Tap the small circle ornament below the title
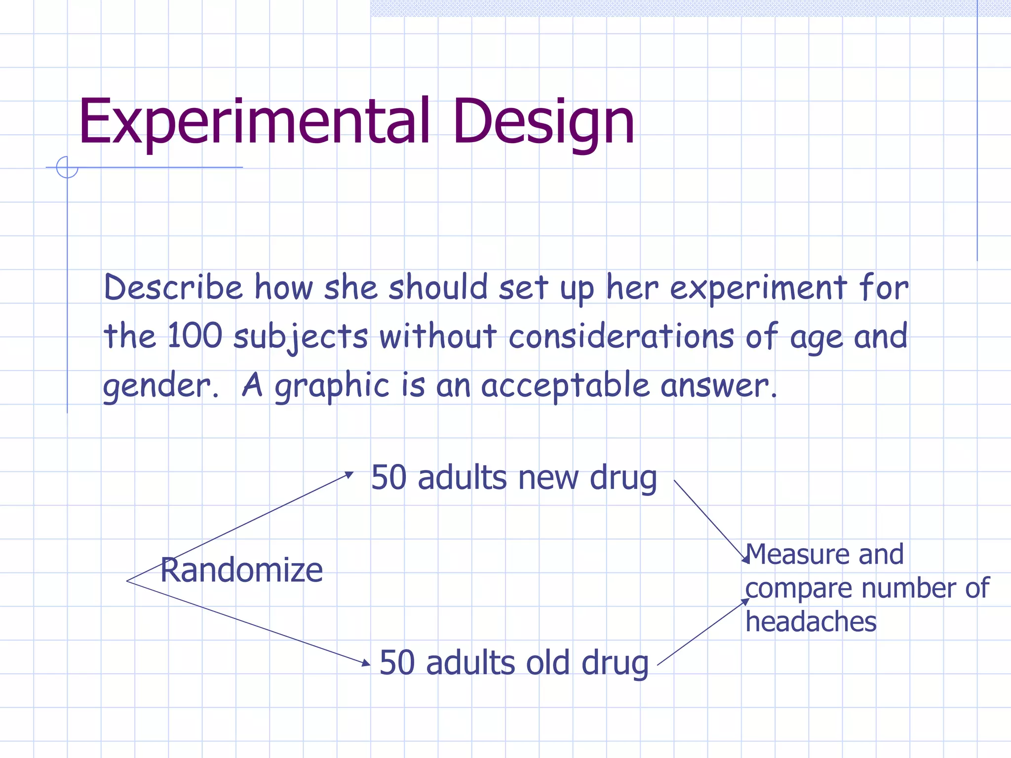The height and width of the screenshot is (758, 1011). coord(67,167)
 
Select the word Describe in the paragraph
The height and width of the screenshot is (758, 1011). coord(173,287)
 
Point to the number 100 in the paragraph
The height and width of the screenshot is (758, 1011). coord(195,336)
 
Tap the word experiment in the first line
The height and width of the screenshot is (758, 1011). coord(758,287)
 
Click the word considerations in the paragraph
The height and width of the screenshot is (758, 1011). coord(621,336)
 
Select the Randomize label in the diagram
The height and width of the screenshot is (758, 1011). coord(241,570)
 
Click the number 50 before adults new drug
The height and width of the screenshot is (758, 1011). coord(389,478)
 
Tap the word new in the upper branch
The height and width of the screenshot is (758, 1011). coord(548,478)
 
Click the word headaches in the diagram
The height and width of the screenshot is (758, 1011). coord(811,621)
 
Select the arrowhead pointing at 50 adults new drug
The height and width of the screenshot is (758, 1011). coord(350,474)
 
